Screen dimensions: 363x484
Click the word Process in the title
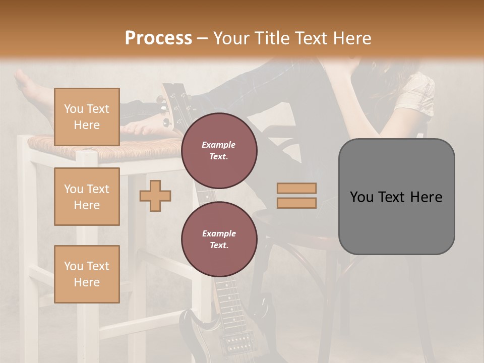pyautogui.click(x=158, y=38)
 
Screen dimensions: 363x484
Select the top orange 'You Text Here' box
pyautogui.click(x=87, y=117)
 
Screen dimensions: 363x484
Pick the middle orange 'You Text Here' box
pyautogui.click(x=87, y=197)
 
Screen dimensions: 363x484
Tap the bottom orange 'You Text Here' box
pyautogui.click(x=87, y=274)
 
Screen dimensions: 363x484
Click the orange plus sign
pyautogui.click(x=155, y=196)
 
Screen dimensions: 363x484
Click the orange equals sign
pyautogui.click(x=296, y=196)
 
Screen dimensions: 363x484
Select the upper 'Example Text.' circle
pyautogui.click(x=219, y=150)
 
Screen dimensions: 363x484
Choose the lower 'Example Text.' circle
pyautogui.click(x=219, y=239)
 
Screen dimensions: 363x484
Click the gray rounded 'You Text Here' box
pyautogui.click(x=396, y=197)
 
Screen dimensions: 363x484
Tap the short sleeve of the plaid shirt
pyautogui.click(x=416, y=93)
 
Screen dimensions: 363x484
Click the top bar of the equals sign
pyautogui.click(x=296, y=189)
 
